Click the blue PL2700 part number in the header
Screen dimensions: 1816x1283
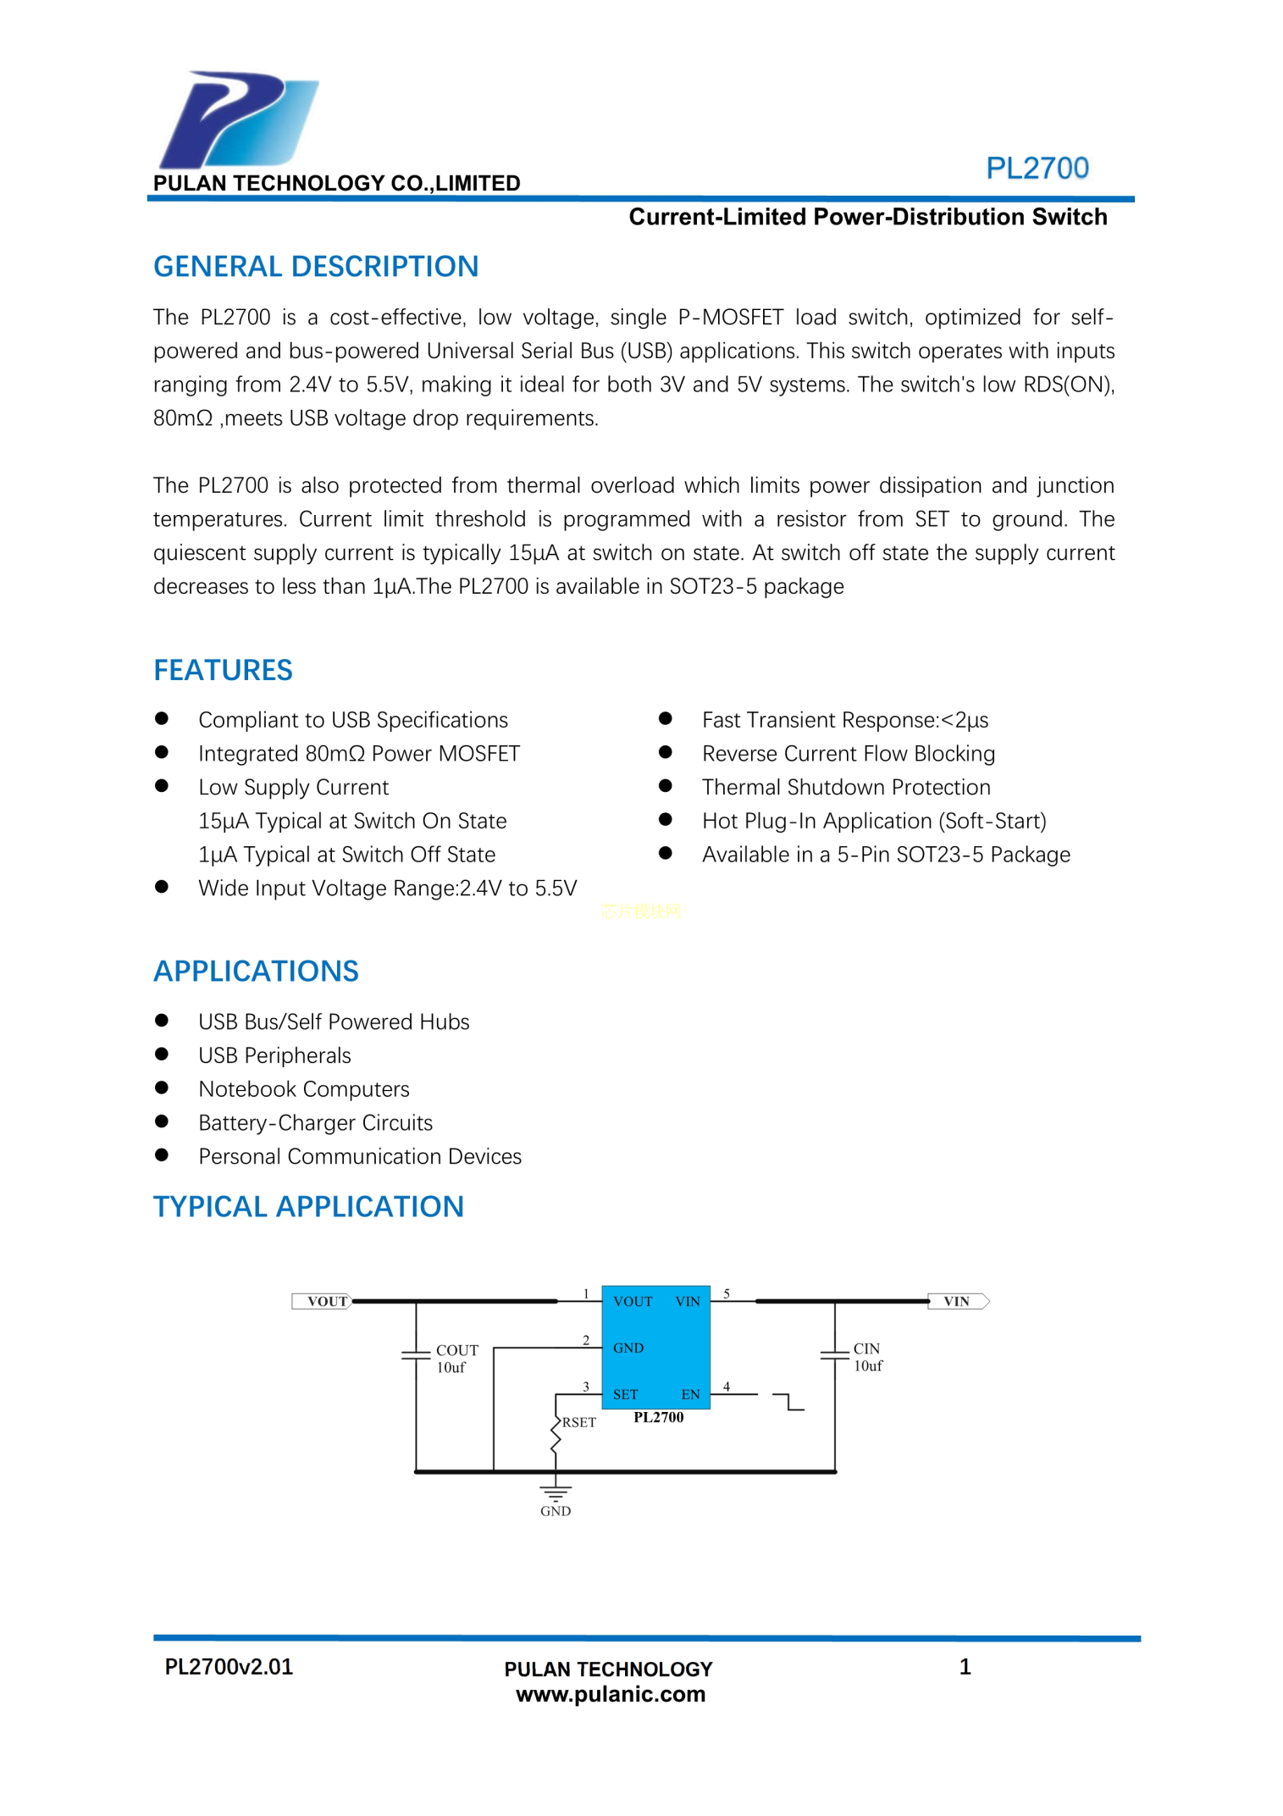[x=1037, y=168]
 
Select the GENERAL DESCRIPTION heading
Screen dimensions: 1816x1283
[x=315, y=267]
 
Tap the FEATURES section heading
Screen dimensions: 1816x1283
[x=223, y=670]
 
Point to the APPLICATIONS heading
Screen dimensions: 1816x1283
[x=256, y=971]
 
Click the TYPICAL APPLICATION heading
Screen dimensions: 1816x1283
[x=308, y=1206]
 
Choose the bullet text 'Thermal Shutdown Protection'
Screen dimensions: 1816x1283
[x=845, y=787]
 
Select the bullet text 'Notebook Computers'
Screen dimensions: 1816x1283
[x=303, y=1088]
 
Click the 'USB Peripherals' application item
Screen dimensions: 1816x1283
[x=274, y=1055]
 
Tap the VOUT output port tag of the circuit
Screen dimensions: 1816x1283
[x=323, y=1301]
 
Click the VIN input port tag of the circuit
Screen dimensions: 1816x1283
[x=957, y=1301]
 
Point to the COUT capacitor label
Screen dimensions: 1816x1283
[x=456, y=1350]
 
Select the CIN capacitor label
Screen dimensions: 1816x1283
[x=866, y=1348]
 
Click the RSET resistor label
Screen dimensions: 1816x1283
[x=578, y=1422]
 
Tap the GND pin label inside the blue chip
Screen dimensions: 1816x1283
[x=628, y=1348]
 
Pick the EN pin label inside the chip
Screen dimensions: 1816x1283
[x=690, y=1394]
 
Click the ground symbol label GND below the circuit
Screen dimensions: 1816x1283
[x=556, y=1511]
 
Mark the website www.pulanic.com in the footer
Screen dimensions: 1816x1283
[x=610, y=1694]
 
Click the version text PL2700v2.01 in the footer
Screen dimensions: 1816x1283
[x=229, y=1667]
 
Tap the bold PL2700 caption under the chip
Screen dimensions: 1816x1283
[x=658, y=1417]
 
